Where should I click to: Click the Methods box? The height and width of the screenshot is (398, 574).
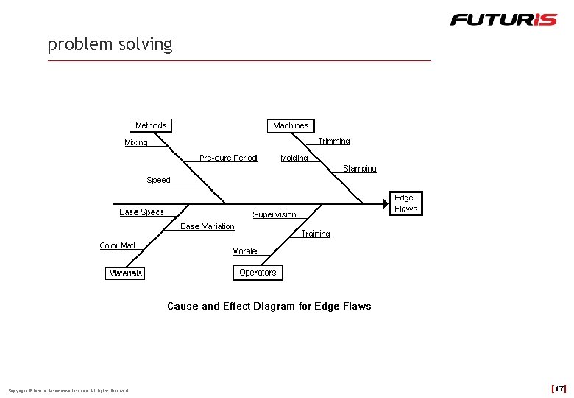click(151, 125)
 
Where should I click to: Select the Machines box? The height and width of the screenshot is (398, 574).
click(291, 125)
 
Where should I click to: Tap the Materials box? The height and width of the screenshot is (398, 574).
click(125, 273)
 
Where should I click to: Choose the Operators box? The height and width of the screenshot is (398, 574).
click(258, 273)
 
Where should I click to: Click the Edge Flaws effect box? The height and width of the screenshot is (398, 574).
click(405, 203)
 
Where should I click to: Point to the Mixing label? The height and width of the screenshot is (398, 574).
click(136, 142)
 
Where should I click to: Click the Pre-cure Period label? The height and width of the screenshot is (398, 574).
click(228, 158)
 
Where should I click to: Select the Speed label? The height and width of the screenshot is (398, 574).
click(158, 180)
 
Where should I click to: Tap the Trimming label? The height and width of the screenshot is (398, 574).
click(334, 141)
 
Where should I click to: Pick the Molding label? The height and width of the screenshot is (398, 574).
click(294, 158)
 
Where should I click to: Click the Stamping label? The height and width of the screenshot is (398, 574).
click(360, 169)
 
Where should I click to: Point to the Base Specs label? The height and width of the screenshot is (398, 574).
click(142, 212)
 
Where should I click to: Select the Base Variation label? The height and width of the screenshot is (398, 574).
click(208, 226)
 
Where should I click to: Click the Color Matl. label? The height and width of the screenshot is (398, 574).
click(119, 245)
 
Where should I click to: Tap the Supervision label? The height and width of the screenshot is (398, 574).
click(274, 214)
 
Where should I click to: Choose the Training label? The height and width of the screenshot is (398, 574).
click(316, 234)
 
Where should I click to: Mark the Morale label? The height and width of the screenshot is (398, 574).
click(244, 251)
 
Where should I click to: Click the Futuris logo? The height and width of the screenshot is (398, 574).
click(503, 19)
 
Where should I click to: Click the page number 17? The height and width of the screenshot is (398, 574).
click(559, 388)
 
